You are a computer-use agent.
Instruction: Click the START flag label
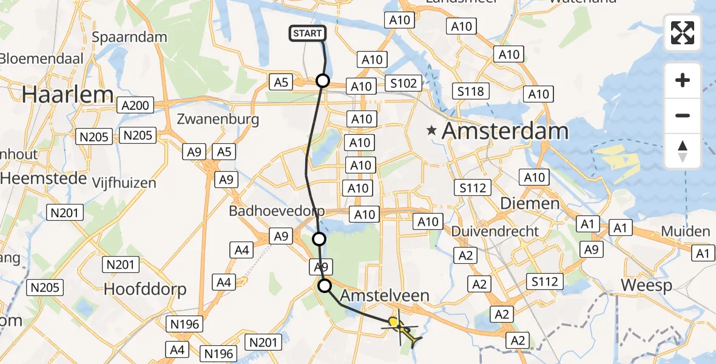(308, 33)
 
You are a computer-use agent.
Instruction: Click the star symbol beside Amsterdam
(431, 130)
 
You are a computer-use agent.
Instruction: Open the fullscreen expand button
(683, 33)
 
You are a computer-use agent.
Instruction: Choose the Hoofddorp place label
(145, 289)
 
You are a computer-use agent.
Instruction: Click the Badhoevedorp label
(277, 211)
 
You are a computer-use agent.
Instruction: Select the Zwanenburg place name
(218, 118)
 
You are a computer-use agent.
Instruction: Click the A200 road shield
(135, 106)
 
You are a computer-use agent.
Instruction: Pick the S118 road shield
(471, 92)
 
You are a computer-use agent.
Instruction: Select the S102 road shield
(404, 84)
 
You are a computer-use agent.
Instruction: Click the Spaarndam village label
(129, 37)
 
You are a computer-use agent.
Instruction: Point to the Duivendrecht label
(495, 231)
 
